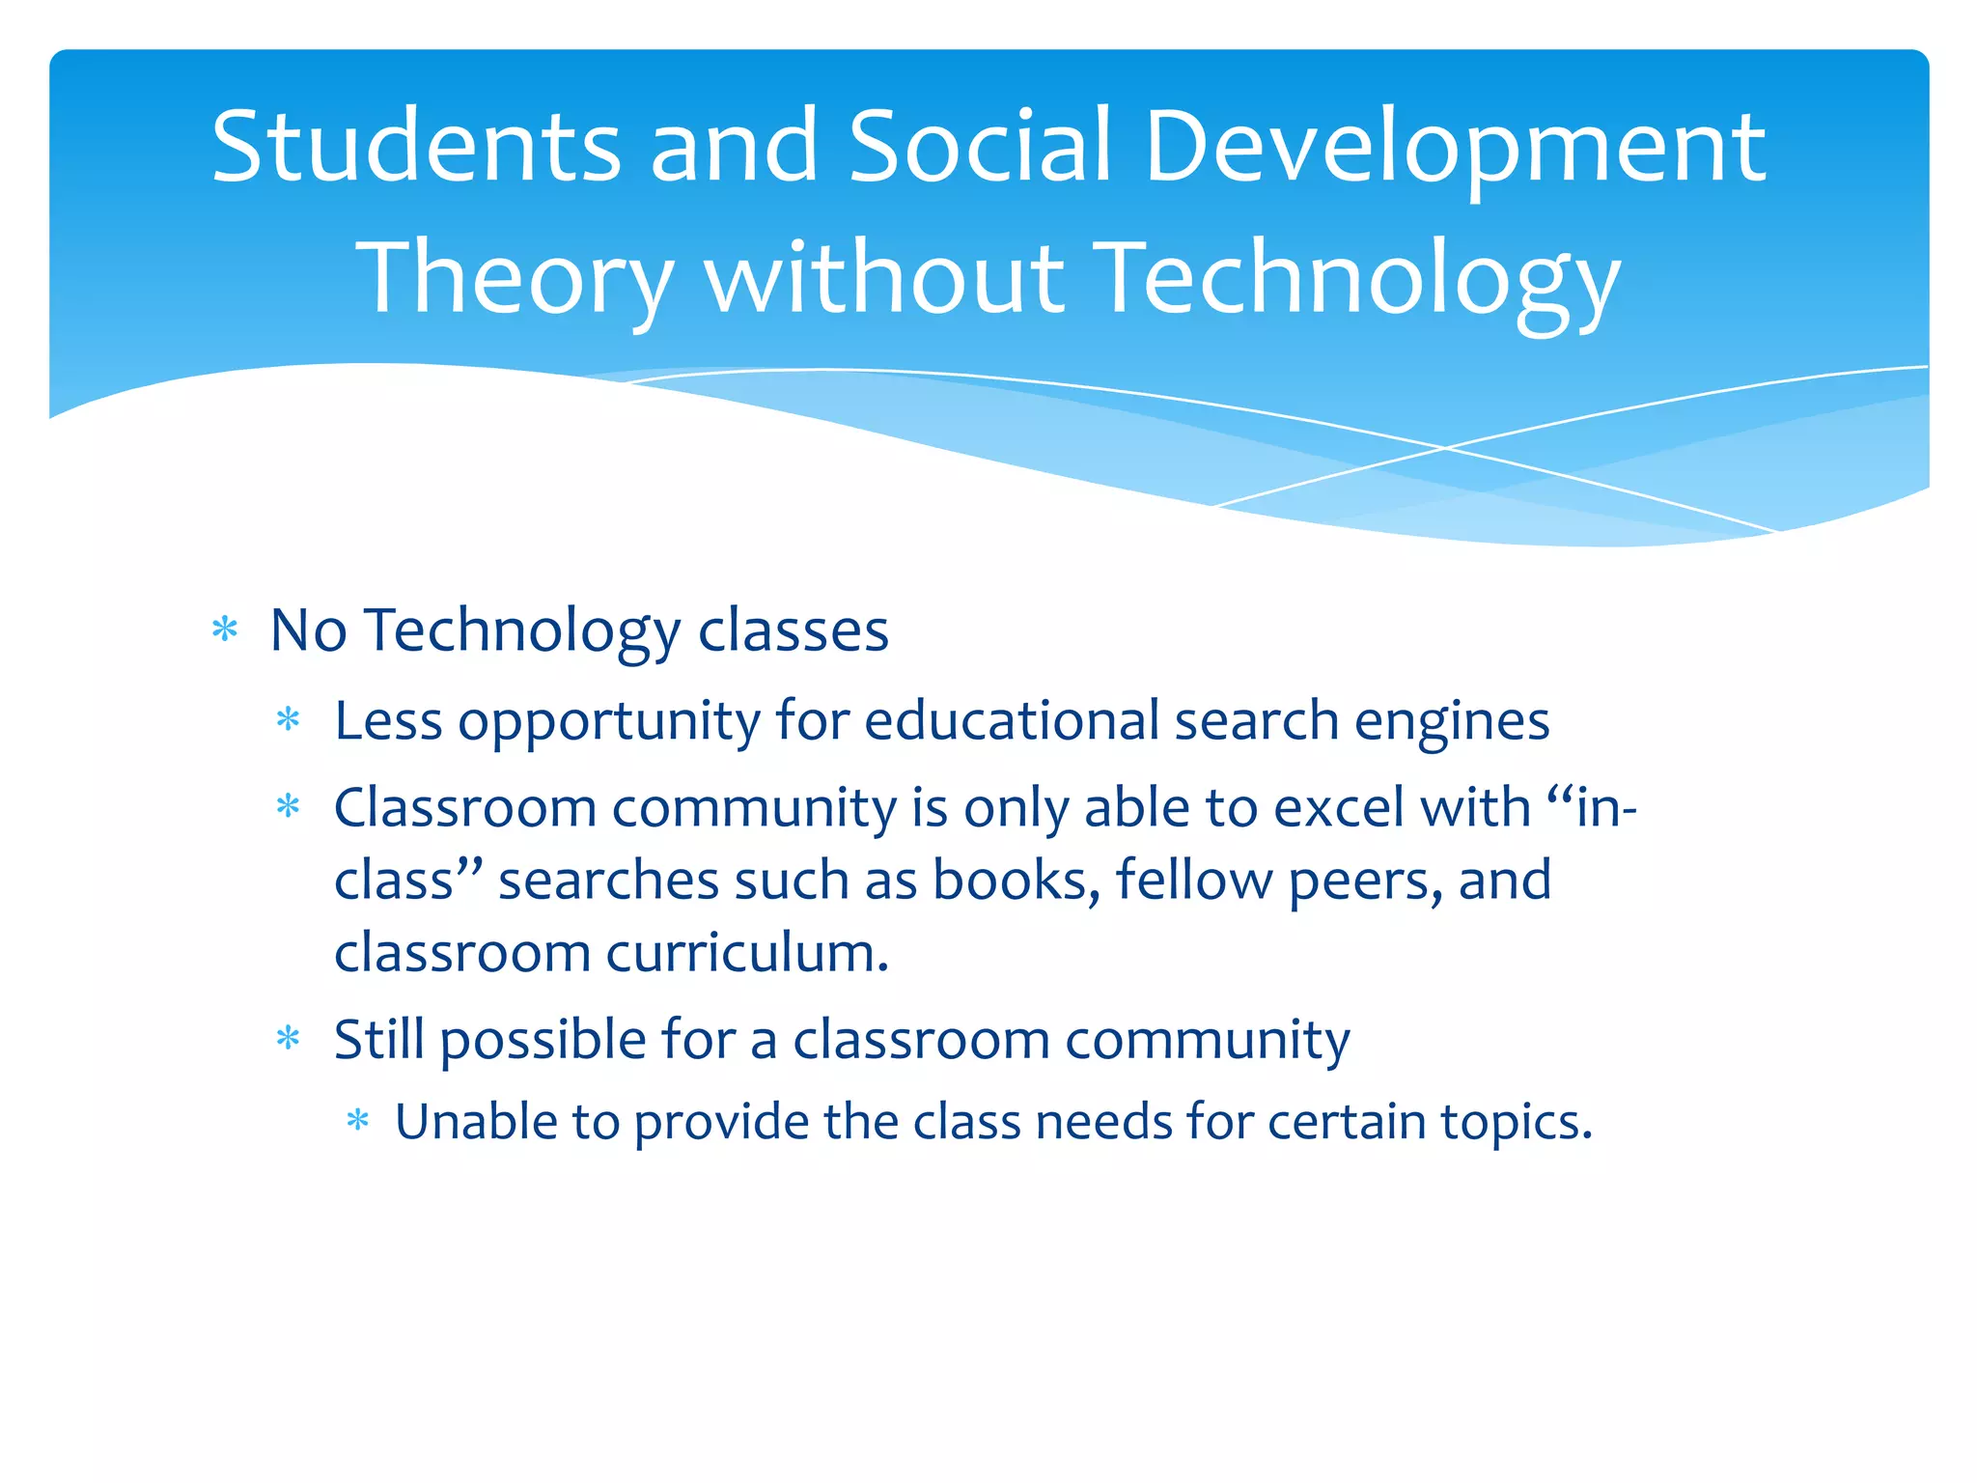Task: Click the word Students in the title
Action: click(415, 147)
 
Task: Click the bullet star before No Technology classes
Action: click(225, 630)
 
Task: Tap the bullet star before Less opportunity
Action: click(289, 719)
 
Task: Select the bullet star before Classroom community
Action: click(289, 806)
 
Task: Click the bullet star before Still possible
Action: click(289, 1039)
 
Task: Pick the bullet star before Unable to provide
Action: click(358, 1121)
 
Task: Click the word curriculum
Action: click(746, 953)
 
